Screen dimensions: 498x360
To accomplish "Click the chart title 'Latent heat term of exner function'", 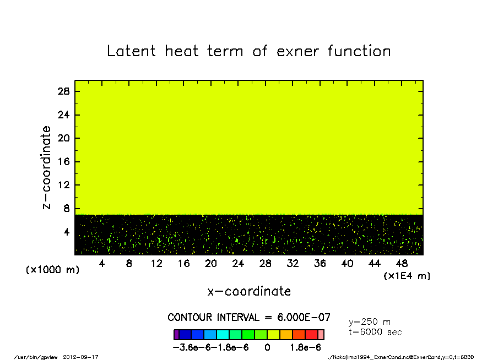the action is click(248, 51).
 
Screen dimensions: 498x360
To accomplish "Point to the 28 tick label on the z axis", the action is click(63, 91).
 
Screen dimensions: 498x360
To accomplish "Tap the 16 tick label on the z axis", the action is click(63, 162).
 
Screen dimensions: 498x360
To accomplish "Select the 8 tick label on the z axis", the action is click(66, 209).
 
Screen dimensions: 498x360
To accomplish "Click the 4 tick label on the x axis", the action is click(101, 263).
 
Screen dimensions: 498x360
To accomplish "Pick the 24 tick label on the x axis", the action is click(238, 263).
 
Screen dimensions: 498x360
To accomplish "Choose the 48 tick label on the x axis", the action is click(402, 263).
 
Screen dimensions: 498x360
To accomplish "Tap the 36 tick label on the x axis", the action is click(320, 263).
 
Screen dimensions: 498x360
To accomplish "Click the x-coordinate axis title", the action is click(249, 291).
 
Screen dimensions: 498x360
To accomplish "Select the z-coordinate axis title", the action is click(46, 167).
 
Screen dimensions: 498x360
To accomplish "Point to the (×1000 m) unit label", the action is click(52, 270).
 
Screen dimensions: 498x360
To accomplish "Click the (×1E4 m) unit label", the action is click(407, 276).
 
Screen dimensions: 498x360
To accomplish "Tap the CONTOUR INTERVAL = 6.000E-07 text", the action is click(249, 317).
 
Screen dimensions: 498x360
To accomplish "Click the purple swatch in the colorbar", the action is click(176, 335).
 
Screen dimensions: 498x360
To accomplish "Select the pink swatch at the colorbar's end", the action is click(321, 335).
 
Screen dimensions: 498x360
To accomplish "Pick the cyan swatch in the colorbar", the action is click(223, 335).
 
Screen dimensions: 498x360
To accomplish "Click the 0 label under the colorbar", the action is click(267, 348).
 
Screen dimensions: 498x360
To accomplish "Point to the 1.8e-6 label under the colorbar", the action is click(305, 348).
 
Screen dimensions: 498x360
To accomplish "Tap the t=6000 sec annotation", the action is click(375, 332).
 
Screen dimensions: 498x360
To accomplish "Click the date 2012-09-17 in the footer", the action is click(80, 357).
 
